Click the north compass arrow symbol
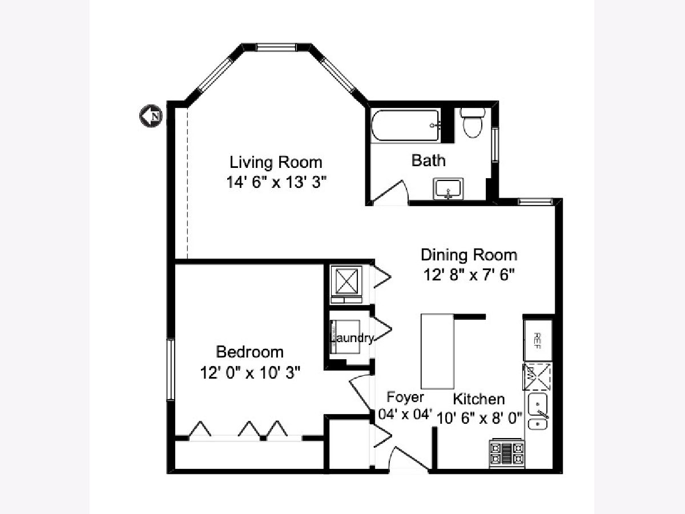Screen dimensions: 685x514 click(151, 116)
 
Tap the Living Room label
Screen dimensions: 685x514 click(276, 162)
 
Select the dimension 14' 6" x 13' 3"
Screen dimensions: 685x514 click(276, 182)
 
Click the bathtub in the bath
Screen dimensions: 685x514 click(406, 126)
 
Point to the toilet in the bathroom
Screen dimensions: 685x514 click(473, 123)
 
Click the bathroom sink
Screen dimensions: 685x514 click(448, 189)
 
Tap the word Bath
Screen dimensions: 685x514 click(429, 160)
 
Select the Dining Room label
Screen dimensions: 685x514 click(469, 255)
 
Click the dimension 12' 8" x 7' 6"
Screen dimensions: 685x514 click(469, 275)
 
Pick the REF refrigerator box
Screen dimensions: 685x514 click(538, 340)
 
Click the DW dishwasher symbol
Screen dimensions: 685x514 click(537, 376)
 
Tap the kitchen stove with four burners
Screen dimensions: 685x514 click(506, 453)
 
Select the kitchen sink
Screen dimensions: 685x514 click(538, 411)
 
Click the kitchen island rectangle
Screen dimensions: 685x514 click(437, 351)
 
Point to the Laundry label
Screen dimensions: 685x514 click(352, 338)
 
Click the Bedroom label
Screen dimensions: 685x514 click(249, 352)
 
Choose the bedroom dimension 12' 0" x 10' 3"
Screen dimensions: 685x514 click(250, 372)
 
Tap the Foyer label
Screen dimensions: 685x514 click(405, 397)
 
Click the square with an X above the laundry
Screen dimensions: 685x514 click(346, 280)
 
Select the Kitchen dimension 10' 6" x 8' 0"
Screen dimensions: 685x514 click(479, 418)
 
